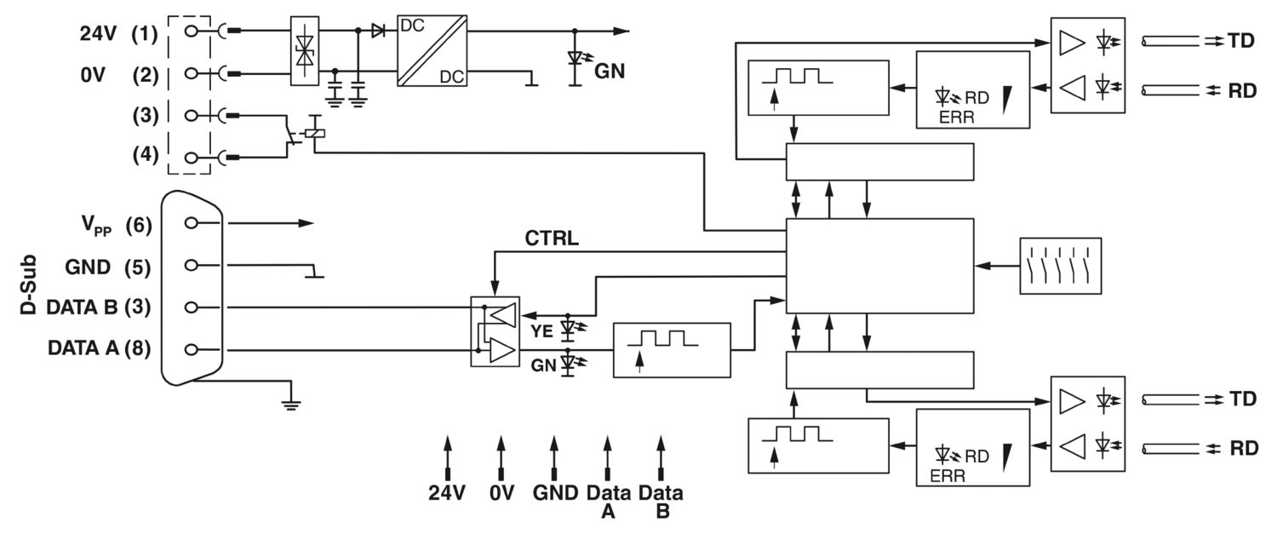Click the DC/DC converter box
point(432,49)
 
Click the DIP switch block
point(1060,267)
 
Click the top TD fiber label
point(1242,40)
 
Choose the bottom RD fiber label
point(1242,448)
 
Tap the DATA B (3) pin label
point(99,307)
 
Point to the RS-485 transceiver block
point(495,331)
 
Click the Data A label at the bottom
point(608,501)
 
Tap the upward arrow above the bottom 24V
point(447,456)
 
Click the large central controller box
point(879,266)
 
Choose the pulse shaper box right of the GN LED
point(672,350)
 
